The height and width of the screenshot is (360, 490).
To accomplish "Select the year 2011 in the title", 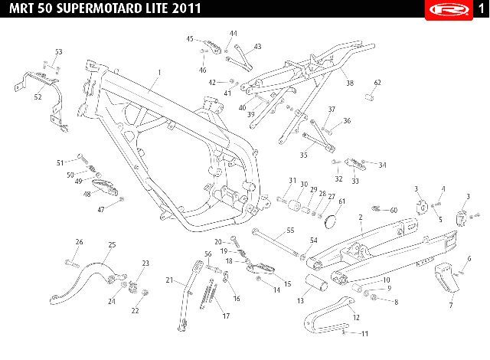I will [185, 9].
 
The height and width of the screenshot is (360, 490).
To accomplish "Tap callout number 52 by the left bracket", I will [38, 97].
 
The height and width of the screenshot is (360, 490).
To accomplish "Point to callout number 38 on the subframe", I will [350, 83].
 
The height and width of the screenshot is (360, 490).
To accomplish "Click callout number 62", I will [377, 82].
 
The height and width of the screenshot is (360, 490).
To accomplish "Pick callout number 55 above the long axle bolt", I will [290, 230].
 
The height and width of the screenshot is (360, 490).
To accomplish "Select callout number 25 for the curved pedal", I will [112, 244].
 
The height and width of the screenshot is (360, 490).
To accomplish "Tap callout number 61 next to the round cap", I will [342, 201].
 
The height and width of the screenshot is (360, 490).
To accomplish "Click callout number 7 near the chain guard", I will [450, 305].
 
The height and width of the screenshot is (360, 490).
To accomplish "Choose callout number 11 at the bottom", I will [365, 333].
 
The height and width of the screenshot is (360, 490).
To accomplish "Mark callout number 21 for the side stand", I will [170, 280].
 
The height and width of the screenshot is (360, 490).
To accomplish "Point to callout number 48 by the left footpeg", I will [87, 195].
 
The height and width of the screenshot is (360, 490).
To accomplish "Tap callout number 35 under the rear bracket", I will [303, 155].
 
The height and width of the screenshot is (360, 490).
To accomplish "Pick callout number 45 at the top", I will [190, 38].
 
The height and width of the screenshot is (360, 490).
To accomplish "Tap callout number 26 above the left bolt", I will [78, 242].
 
